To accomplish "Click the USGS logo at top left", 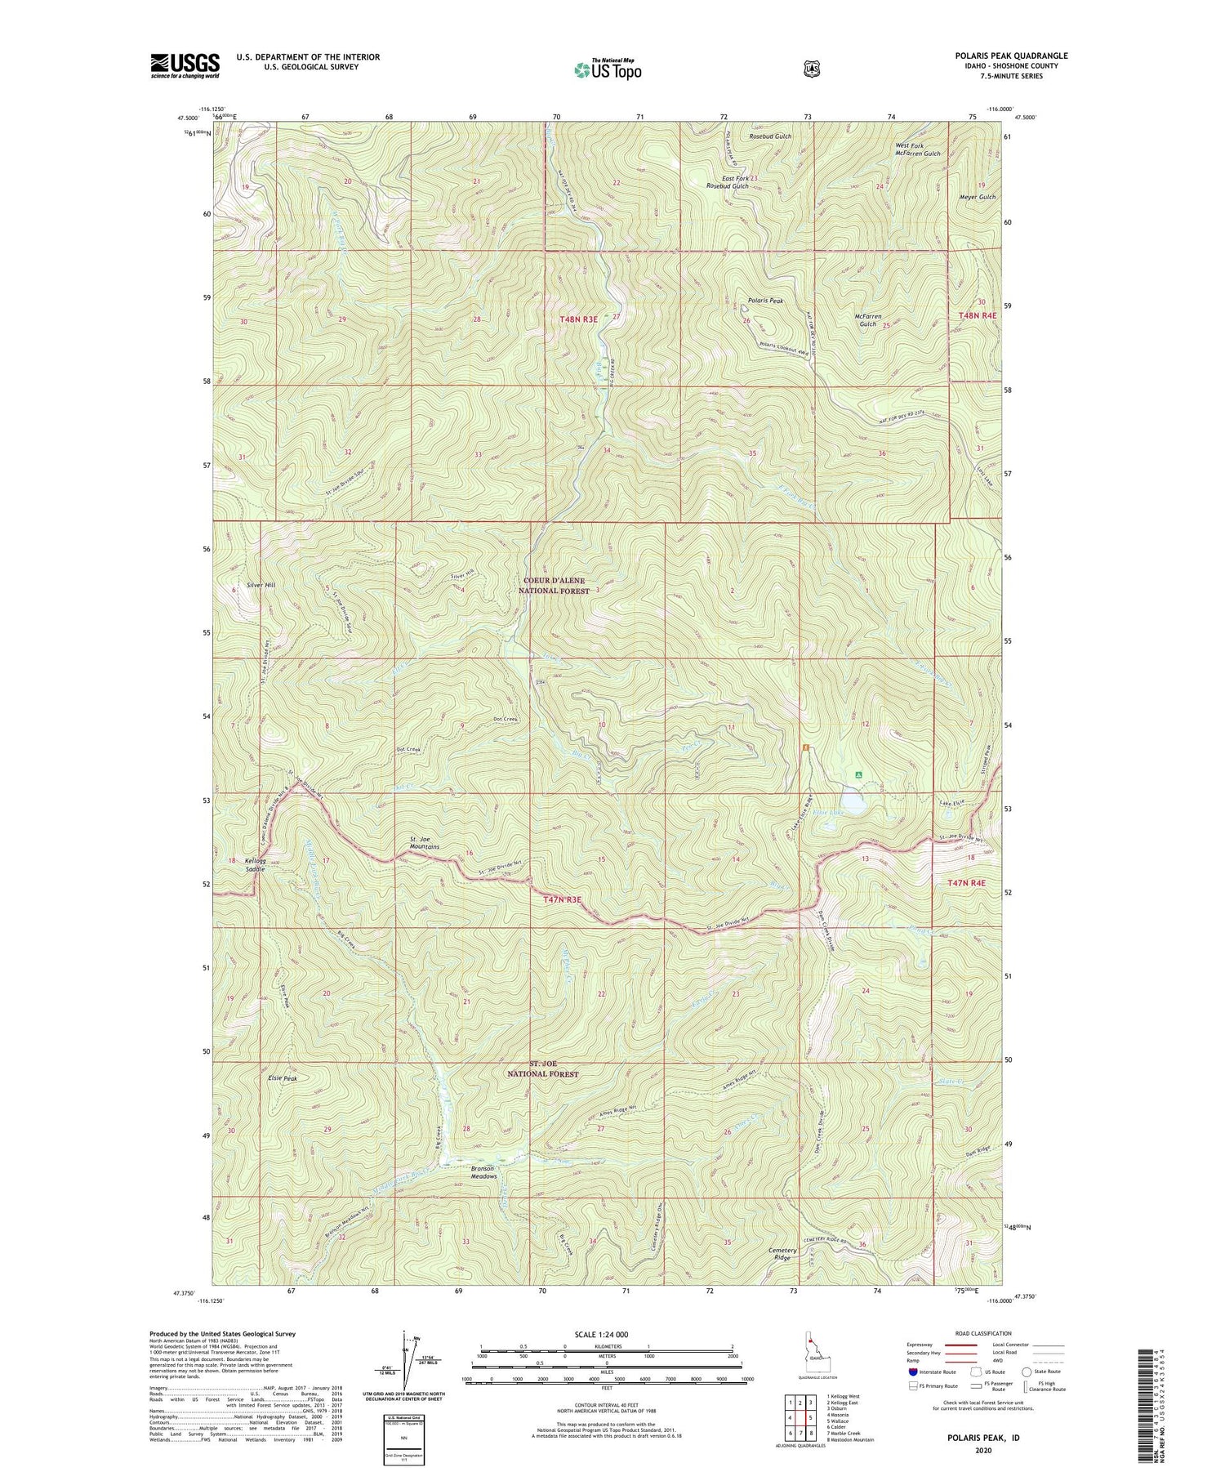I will tap(185, 65).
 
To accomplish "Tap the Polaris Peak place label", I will tap(765, 301).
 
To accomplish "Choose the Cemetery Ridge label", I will tap(781, 1254).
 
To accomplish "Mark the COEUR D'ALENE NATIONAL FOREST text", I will tap(555, 585).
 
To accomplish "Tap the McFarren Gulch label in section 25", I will tap(867, 319).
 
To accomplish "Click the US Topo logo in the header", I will tap(607, 69).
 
